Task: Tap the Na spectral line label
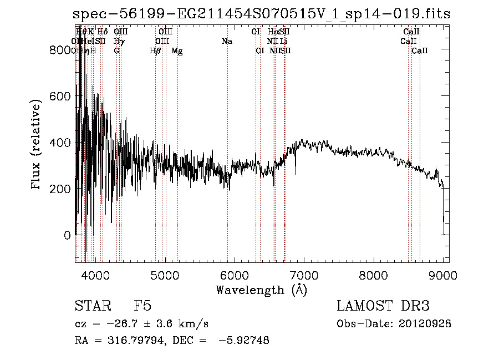[227, 41]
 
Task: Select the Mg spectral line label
[176, 50]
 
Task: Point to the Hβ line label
[155, 50]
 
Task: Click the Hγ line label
[118, 41]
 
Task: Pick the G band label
[116, 50]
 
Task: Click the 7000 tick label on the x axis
[304, 276]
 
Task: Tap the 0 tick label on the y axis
[67, 235]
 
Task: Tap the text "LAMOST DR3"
[383, 307]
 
